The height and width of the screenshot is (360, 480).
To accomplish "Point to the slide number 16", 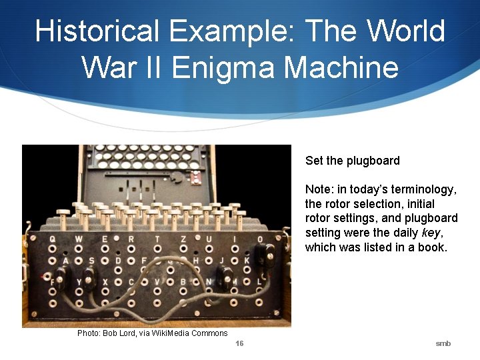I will tap(240, 343).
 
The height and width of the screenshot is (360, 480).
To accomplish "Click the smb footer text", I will tap(443, 343).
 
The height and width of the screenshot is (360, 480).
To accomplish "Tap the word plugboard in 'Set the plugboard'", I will tap(374, 161).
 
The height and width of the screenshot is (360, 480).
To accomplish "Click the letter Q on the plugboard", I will tap(52, 239).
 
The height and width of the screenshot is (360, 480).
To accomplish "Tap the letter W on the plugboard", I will tap(79, 239).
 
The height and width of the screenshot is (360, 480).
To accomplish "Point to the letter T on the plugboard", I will tap(157, 239).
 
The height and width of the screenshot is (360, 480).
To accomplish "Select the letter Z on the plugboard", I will tap(183, 239).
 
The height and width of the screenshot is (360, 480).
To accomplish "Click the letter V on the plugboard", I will tap(157, 282).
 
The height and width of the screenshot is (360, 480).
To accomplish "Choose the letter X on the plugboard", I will tap(105, 282).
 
